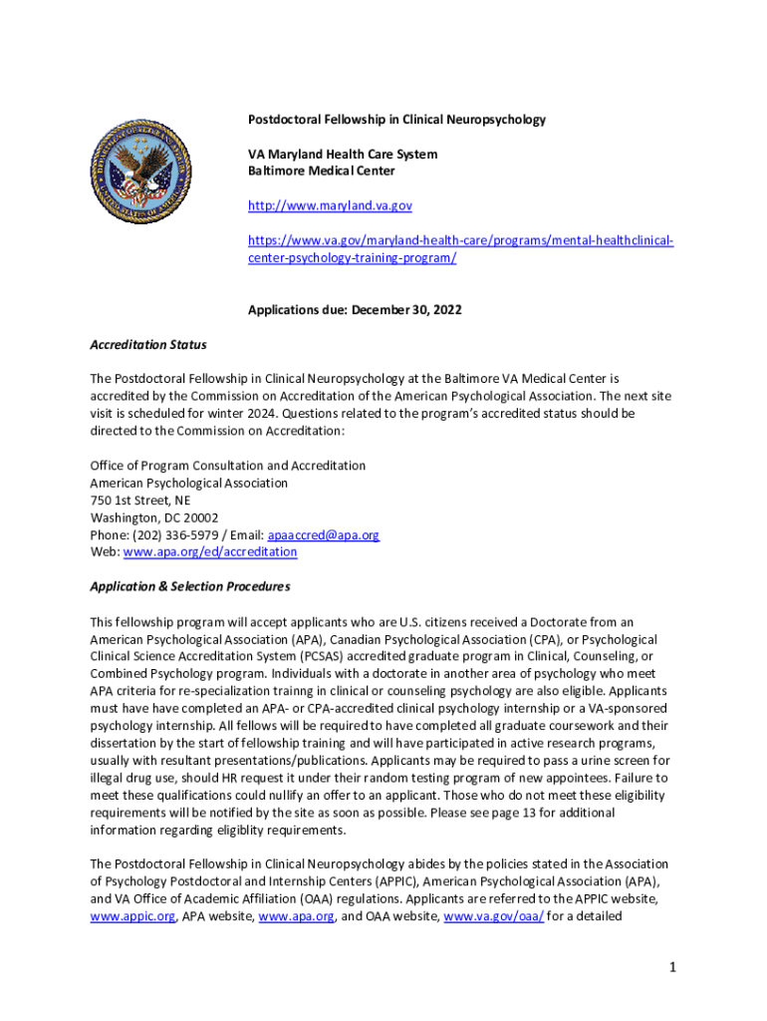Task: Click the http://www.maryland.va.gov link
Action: tap(330, 205)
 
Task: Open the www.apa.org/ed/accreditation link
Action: tap(209, 551)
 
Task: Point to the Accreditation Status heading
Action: tap(148, 345)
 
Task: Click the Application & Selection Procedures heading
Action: tap(190, 586)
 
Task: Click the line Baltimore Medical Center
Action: tap(321, 171)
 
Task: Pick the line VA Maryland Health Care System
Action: tap(343, 155)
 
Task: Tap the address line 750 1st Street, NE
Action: tap(140, 501)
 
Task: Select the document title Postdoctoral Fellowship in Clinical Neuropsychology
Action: tap(396, 120)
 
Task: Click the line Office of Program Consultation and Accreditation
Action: tap(228, 466)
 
